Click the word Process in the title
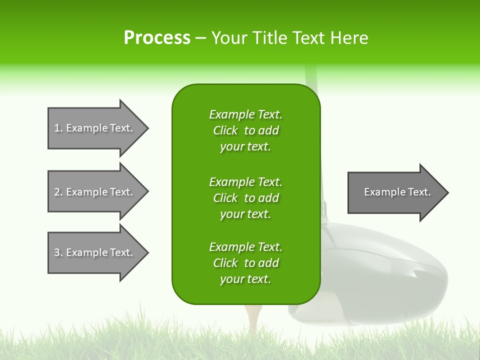pos(157,38)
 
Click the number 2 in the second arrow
pos(57,192)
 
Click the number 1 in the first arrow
pos(57,128)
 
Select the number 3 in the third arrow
pos(57,252)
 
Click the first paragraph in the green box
pos(245,130)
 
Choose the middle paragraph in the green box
pos(245,198)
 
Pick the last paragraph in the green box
pos(245,263)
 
